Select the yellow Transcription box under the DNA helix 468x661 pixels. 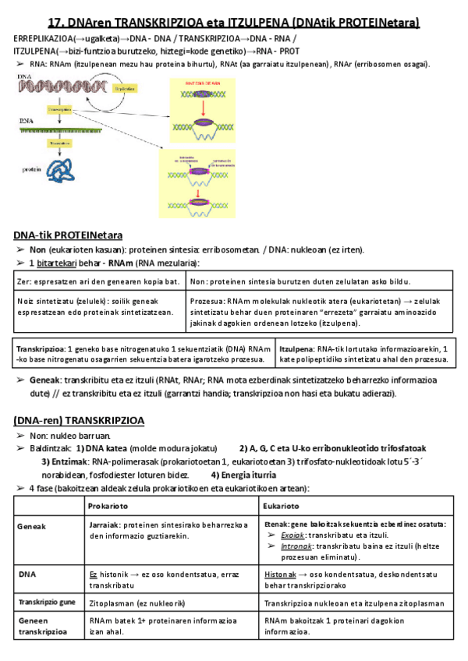[x=61, y=111]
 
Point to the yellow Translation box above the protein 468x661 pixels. [x=59, y=143]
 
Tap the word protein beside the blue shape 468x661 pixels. [x=32, y=169]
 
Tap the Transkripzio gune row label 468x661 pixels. [x=48, y=603]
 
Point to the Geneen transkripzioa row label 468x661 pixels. [x=40, y=626]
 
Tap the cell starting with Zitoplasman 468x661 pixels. [x=136, y=603]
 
